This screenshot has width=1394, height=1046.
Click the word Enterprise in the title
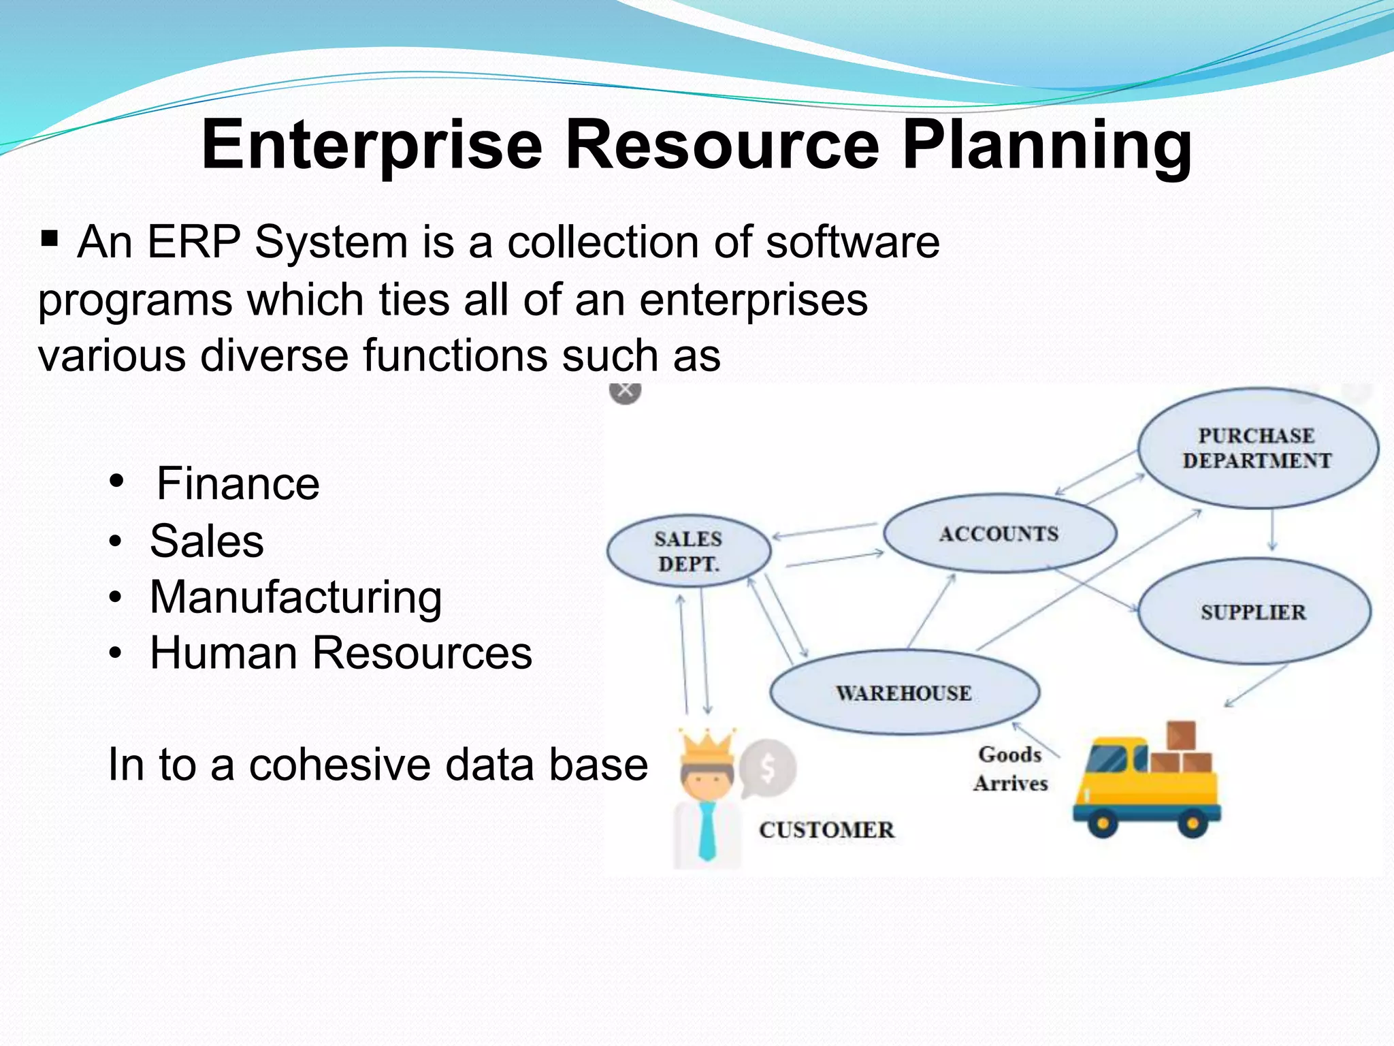[x=372, y=145]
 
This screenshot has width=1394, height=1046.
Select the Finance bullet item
[x=238, y=484]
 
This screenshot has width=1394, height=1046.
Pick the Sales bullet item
[x=206, y=541]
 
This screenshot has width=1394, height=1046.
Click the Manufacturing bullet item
[x=295, y=597]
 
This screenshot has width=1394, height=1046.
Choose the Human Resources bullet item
[x=340, y=653]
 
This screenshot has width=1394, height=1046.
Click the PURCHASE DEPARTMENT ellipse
[x=1257, y=448]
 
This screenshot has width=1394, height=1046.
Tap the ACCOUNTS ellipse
[x=999, y=533]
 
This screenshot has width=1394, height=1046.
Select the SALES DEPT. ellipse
[x=688, y=551]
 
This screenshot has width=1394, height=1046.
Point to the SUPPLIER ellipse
[x=1253, y=612]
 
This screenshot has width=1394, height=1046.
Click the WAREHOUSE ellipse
[x=904, y=693]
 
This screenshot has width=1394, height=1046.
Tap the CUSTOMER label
[x=826, y=829]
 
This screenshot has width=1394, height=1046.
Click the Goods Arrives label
[x=1010, y=768]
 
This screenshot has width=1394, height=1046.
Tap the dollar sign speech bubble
[x=768, y=768]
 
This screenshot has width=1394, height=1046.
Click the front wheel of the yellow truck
[x=1103, y=823]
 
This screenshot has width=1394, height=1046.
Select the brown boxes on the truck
[x=1181, y=749]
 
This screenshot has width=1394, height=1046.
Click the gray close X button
[x=625, y=391]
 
